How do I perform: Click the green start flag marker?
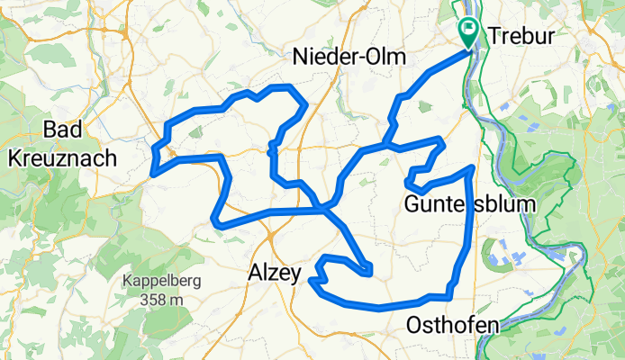[469, 33]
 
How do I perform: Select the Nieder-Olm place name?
[349, 58]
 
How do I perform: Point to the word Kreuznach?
[63, 159]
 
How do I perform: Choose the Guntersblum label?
[469, 203]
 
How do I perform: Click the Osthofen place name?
[451, 325]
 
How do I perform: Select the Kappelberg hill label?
[163, 280]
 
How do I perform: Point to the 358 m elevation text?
[163, 298]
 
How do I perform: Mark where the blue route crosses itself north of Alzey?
[323, 210]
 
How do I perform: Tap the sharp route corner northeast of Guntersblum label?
[472, 167]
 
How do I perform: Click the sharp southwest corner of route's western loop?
[213, 219]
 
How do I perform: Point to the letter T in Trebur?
[494, 35]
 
